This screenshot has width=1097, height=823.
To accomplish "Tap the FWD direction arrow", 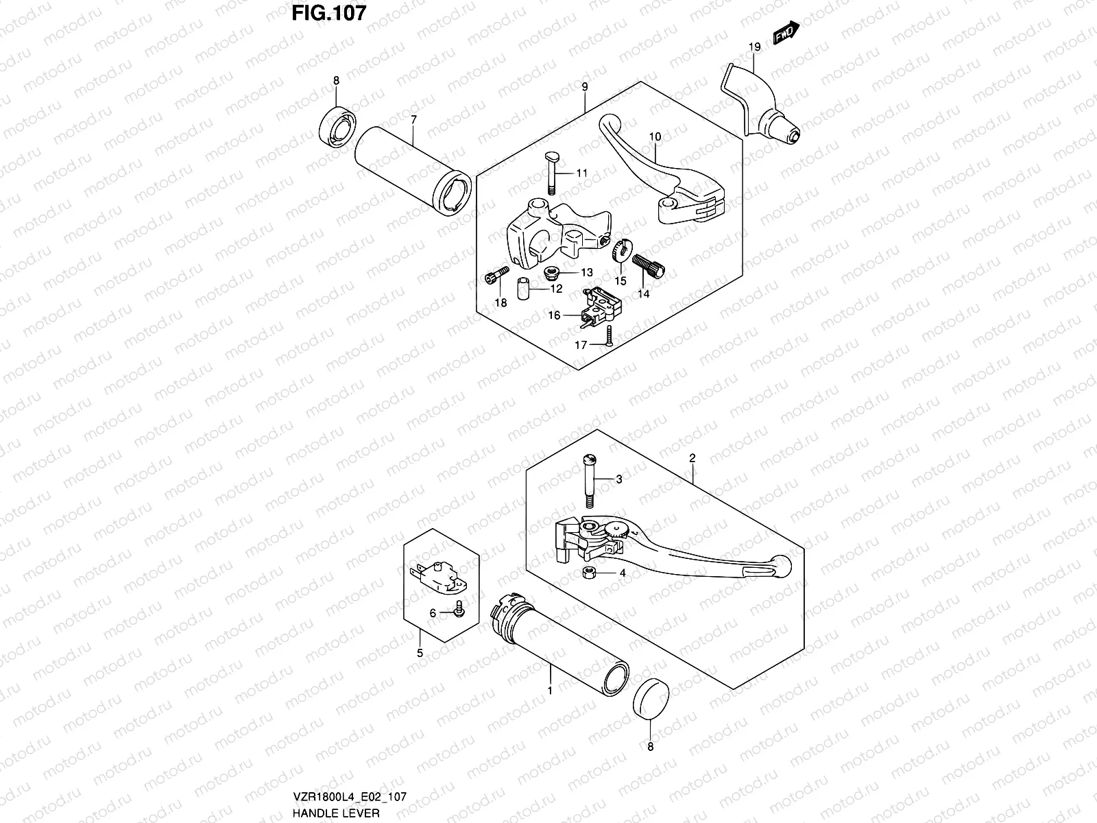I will click(786, 32).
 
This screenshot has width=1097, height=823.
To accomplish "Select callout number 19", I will click(754, 47).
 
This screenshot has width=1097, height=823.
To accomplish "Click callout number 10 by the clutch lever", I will click(655, 137).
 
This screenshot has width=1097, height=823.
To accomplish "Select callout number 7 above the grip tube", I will click(413, 120).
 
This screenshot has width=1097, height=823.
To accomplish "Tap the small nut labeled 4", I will click(589, 573).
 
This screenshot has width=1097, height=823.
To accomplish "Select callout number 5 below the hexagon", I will click(420, 653).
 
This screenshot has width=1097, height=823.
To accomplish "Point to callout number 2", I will click(692, 457).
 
